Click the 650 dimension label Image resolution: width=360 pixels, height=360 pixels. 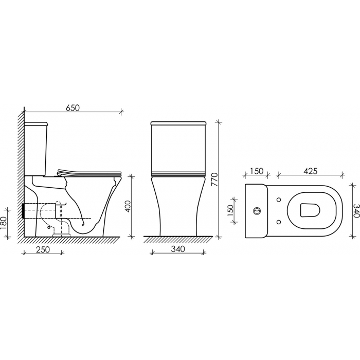73,107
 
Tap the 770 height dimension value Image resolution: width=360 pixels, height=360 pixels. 214,180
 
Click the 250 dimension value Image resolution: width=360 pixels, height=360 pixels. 43,249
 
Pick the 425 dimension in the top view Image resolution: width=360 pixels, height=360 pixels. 311,171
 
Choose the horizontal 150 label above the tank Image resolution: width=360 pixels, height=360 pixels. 257,171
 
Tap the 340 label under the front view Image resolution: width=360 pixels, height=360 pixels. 178,248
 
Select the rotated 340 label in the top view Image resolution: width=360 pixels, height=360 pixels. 356,210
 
